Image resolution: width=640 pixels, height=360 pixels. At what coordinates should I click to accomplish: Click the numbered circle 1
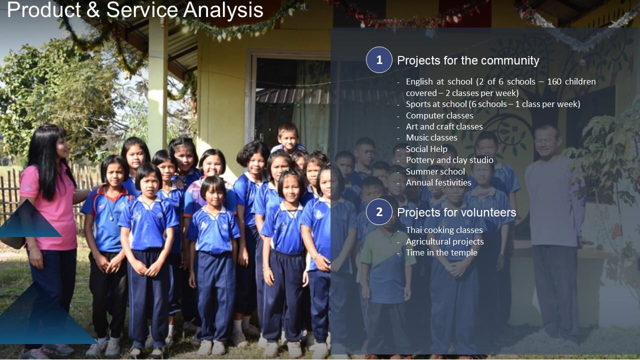pyautogui.click(x=379, y=60)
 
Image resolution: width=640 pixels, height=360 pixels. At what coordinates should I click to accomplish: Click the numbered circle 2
pyautogui.click(x=379, y=212)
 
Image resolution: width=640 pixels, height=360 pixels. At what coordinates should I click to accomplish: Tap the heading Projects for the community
pyautogui.click(x=468, y=60)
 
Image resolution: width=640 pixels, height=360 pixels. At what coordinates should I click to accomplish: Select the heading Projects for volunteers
pyautogui.click(x=456, y=212)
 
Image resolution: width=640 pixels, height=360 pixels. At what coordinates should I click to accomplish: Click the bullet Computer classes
pyautogui.click(x=439, y=115)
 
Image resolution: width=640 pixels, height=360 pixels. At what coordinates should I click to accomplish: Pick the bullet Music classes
pyautogui.click(x=431, y=137)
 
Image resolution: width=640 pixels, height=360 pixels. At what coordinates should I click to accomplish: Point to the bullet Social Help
pyautogui.click(x=426, y=149)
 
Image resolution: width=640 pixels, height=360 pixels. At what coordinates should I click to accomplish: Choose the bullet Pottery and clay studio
pyautogui.click(x=449, y=160)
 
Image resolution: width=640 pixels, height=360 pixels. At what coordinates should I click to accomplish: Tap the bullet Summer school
pyautogui.click(x=435, y=171)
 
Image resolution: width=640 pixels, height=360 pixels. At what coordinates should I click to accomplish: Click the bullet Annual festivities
pyautogui.click(x=438, y=182)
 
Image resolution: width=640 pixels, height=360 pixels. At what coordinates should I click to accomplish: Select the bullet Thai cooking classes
pyautogui.click(x=444, y=230)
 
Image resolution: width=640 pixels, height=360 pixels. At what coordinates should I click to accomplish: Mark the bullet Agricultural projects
pyautogui.click(x=445, y=241)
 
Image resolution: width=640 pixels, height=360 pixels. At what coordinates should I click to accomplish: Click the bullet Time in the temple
pyautogui.click(x=441, y=252)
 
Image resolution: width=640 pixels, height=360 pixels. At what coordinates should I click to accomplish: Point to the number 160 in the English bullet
pyautogui.click(x=554, y=81)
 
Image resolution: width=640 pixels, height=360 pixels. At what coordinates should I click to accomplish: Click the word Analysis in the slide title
pyautogui.click(x=223, y=9)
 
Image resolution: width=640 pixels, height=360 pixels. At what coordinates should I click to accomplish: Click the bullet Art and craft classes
pyautogui.click(x=444, y=126)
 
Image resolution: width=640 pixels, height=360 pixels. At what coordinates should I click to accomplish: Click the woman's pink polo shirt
pyautogui.click(x=48, y=205)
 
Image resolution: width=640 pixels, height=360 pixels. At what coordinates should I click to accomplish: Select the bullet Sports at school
pyautogui.click(x=493, y=104)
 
